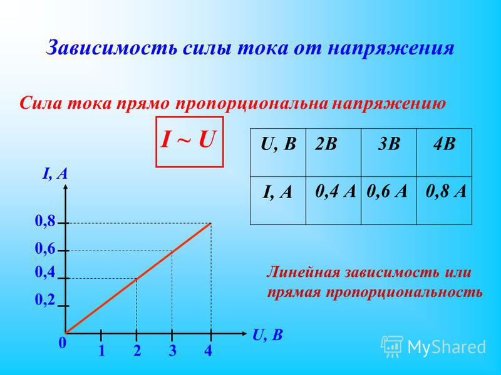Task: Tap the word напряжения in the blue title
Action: [x=391, y=49]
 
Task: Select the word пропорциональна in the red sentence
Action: [x=251, y=104]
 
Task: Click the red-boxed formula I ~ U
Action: [x=189, y=142]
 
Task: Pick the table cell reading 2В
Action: [x=333, y=152]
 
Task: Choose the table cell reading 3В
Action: [x=388, y=152]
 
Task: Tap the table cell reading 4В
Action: [x=444, y=152]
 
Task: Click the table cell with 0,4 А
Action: [x=333, y=201]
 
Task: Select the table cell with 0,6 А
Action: [x=388, y=201]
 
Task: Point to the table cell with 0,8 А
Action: [x=444, y=201]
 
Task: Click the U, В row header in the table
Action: [x=278, y=152]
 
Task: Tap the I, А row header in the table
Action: [x=278, y=201]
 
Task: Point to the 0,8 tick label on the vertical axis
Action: [x=45, y=221]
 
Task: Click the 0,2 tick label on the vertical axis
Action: [x=45, y=299]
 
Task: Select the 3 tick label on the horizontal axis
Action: [x=173, y=351]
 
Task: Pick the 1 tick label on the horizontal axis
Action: [x=101, y=351]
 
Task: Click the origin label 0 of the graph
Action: [x=62, y=343]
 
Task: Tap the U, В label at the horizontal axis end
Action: [x=268, y=336]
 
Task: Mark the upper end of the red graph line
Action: [x=210, y=223]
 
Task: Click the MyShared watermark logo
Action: [x=433, y=347]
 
